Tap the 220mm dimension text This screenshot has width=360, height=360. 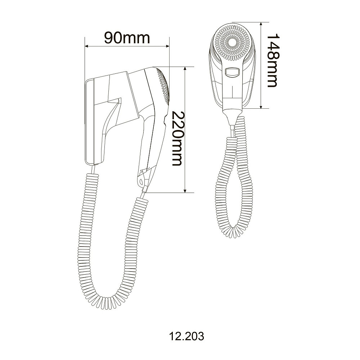(x=177, y=139)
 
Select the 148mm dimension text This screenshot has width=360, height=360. (x=272, y=60)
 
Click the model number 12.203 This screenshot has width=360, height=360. (x=186, y=337)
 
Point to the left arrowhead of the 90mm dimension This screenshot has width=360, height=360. (x=87, y=46)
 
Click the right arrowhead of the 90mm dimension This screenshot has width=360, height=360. (x=167, y=46)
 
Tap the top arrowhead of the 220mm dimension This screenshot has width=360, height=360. (x=185, y=69)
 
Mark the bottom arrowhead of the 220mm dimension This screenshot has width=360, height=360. (x=185, y=190)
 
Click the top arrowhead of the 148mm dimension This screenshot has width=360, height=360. (x=261, y=24)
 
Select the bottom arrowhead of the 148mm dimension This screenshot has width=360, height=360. (x=261, y=106)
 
